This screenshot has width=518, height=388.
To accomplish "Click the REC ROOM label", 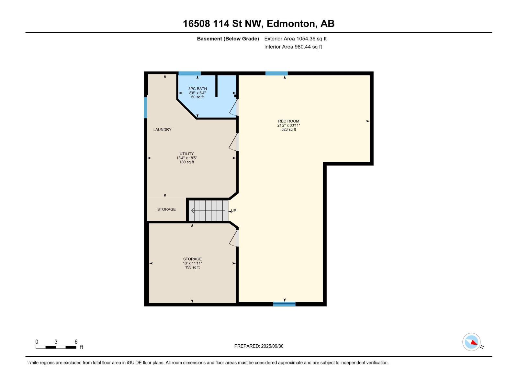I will click(288, 121).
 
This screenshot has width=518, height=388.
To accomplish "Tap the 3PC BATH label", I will click(197, 89).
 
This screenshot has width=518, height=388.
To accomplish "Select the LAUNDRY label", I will click(162, 129).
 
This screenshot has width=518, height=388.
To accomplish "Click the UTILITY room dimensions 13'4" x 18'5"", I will click(186, 158).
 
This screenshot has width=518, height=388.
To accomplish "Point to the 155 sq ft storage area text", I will click(192, 267).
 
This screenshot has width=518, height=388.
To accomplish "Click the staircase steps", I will click(208, 210).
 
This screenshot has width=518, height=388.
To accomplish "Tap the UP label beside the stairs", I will click(234, 210).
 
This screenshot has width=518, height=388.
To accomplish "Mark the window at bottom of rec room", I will click(284, 304).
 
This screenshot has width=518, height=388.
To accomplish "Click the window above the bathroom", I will click(189, 73).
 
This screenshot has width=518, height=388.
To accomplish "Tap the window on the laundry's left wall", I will click(146, 107).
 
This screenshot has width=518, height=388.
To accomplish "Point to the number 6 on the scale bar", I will click(76, 342).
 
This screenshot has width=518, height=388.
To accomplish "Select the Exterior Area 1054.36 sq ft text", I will click(295, 39).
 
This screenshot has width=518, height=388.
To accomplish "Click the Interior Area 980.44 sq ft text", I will click(293, 47).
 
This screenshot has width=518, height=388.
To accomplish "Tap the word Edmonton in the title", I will click(291, 24).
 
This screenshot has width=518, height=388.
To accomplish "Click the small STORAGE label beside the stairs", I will click(166, 209).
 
